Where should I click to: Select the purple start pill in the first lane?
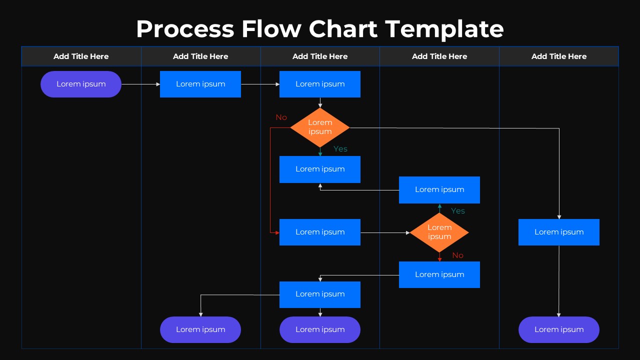pyautogui.click(x=81, y=84)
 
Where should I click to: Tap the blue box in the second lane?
pyautogui.click(x=200, y=84)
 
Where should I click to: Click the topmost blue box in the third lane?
pyautogui.click(x=320, y=84)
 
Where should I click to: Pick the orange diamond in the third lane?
pyautogui.click(x=320, y=127)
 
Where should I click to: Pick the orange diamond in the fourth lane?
pyautogui.click(x=439, y=232)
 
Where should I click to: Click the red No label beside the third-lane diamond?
pyautogui.click(x=281, y=117)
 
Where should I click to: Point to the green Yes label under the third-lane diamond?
pyautogui.click(x=340, y=149)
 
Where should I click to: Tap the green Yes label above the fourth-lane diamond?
pyautogui.click(x=458, y=211)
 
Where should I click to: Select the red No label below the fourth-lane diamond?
pyautogui.click(x=458, y=255)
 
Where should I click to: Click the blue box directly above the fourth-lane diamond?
pyautogui.click(x=439, y=190)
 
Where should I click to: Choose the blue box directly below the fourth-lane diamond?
pyautogui.click(x=439, y=274)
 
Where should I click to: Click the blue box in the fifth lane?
pyautogui.click(x=559, y=232)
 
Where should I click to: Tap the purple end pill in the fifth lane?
pyautogui.click(x=559, y=329)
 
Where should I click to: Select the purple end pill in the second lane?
pyautogui.click(x=200, y=329)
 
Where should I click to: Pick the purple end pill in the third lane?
pyautogui.click(x=320, y=329)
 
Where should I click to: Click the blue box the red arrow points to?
pyautogui.click(x=320, y=232)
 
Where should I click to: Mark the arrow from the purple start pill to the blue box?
pyautogui.click(x=140, y=84)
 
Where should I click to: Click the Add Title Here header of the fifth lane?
pyautogui.click(x=559, y=56)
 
